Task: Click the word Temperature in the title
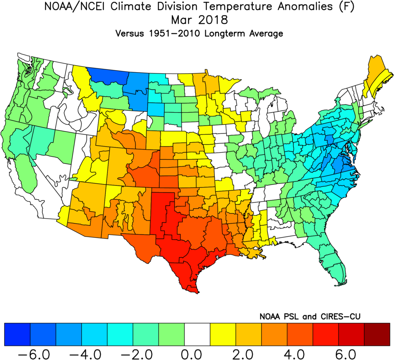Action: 212,7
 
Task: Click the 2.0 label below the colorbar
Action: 248,353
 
